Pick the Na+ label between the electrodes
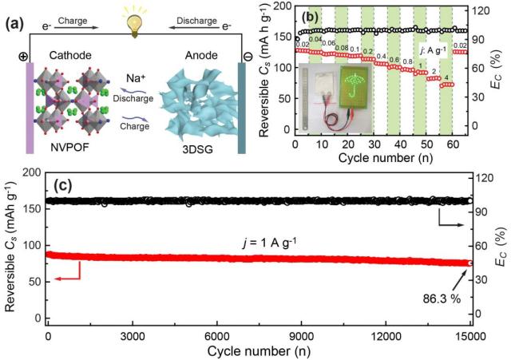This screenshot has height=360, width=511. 136,78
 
